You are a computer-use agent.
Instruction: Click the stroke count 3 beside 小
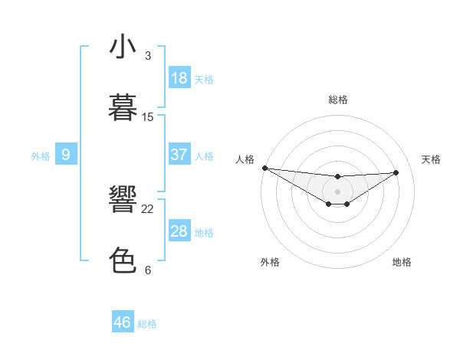click(x=148, y=56)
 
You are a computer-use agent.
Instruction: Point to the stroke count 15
click(x=148, y=117)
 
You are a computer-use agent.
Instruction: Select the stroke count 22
click(x=148, y=209)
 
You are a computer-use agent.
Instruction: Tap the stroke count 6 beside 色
click(x=148, y=270)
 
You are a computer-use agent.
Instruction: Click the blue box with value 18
click(x=179, y=78)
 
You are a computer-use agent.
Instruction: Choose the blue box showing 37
click(x=179, y=155)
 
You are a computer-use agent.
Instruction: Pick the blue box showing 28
click(x=179, y=231)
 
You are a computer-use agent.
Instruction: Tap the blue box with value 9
click(x=66, y=155)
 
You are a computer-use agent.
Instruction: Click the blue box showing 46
click(x=123, y=322)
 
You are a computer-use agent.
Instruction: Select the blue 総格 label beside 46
click(x=147, y=324)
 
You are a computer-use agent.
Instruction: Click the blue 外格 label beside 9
click(x=41, y=156)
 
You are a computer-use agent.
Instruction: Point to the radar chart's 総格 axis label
click(x=337, y=100)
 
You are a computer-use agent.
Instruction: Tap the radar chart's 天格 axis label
click(x=431, y=159)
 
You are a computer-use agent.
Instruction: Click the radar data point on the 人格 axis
click(x=264, y=168)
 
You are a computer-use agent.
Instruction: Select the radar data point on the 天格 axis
click(x=396, y=172)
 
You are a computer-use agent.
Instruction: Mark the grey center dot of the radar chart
click(x=337, y=191)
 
